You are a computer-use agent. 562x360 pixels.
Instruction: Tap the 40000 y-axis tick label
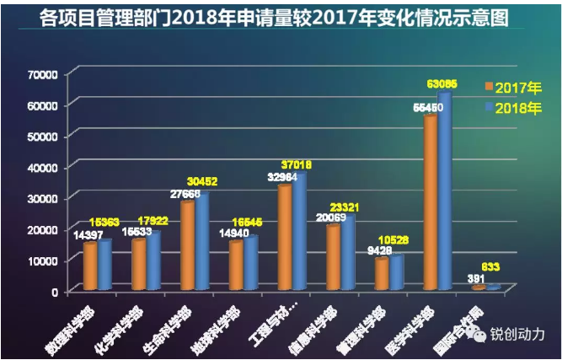coord(41,167)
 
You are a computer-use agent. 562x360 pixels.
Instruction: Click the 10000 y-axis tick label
coord(41,261)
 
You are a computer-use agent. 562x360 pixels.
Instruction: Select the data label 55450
coord(428,109)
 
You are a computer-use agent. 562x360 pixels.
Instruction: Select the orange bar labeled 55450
coord(429,202)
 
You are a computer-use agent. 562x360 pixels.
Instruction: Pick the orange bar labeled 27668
coord(188,244)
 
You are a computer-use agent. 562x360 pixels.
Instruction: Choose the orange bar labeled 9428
coord(381,273)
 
